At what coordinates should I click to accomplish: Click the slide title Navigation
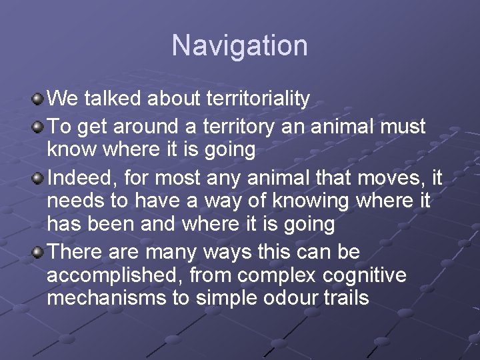[x=240, y=46]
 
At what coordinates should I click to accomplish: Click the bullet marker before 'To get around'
[x=38, y=125]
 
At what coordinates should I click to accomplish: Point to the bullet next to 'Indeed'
[x=38, y=177]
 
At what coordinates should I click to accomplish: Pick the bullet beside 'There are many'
[x=38, y=252]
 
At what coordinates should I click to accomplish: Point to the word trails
[x=348, y=297]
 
